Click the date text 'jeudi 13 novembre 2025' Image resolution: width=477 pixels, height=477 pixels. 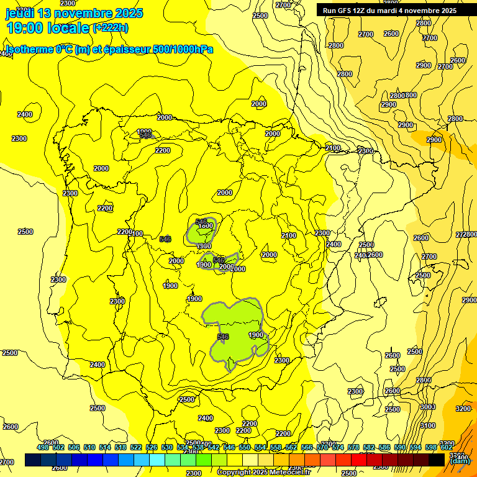point(74,13)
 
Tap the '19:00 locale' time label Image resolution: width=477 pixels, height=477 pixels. point(48,27)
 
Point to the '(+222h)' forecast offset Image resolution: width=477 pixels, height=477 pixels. point(111,27)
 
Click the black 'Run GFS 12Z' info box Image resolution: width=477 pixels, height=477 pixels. point(389,11)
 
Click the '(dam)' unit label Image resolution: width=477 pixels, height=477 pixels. point(460,461)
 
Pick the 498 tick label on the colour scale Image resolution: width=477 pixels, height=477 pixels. point(43,447)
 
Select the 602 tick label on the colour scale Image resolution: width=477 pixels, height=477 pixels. point(446,447)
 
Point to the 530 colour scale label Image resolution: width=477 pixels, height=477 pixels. point(167,447)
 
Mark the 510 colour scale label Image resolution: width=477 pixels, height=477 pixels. point(89,447)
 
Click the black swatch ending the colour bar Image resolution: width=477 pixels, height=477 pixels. point(437,460)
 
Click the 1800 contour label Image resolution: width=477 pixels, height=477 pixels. point(206,226)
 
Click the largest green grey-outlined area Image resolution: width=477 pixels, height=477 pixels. point(236,326)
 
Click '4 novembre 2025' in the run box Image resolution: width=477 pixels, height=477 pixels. point(429,11)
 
